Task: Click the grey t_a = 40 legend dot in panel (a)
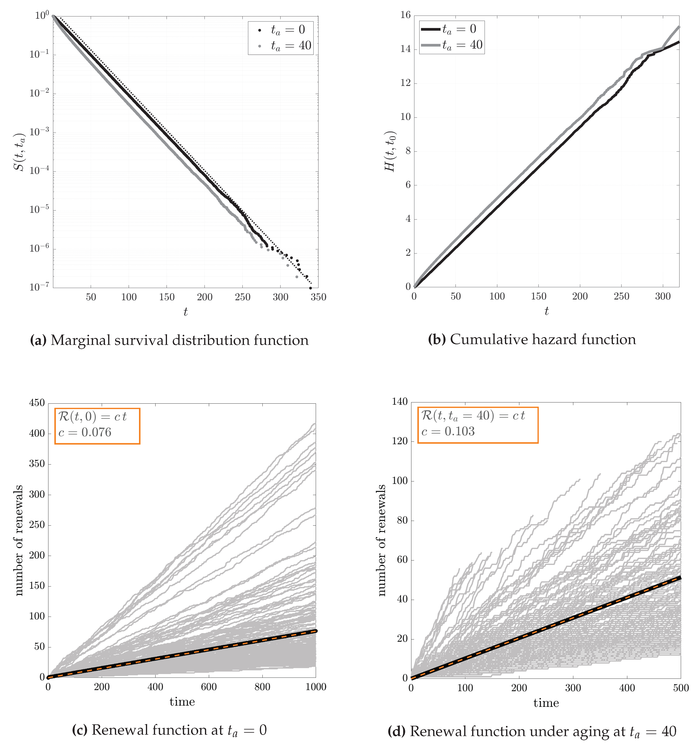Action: [259, 46]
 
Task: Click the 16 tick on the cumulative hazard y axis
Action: [406, 15]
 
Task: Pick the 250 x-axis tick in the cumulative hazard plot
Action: [621, 296]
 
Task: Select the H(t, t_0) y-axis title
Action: [390, 151]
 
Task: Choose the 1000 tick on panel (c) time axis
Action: [315, 687]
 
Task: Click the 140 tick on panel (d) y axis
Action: [400, 402]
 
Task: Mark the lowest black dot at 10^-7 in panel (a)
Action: [310, 288]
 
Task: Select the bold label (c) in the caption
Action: [79, 730]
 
